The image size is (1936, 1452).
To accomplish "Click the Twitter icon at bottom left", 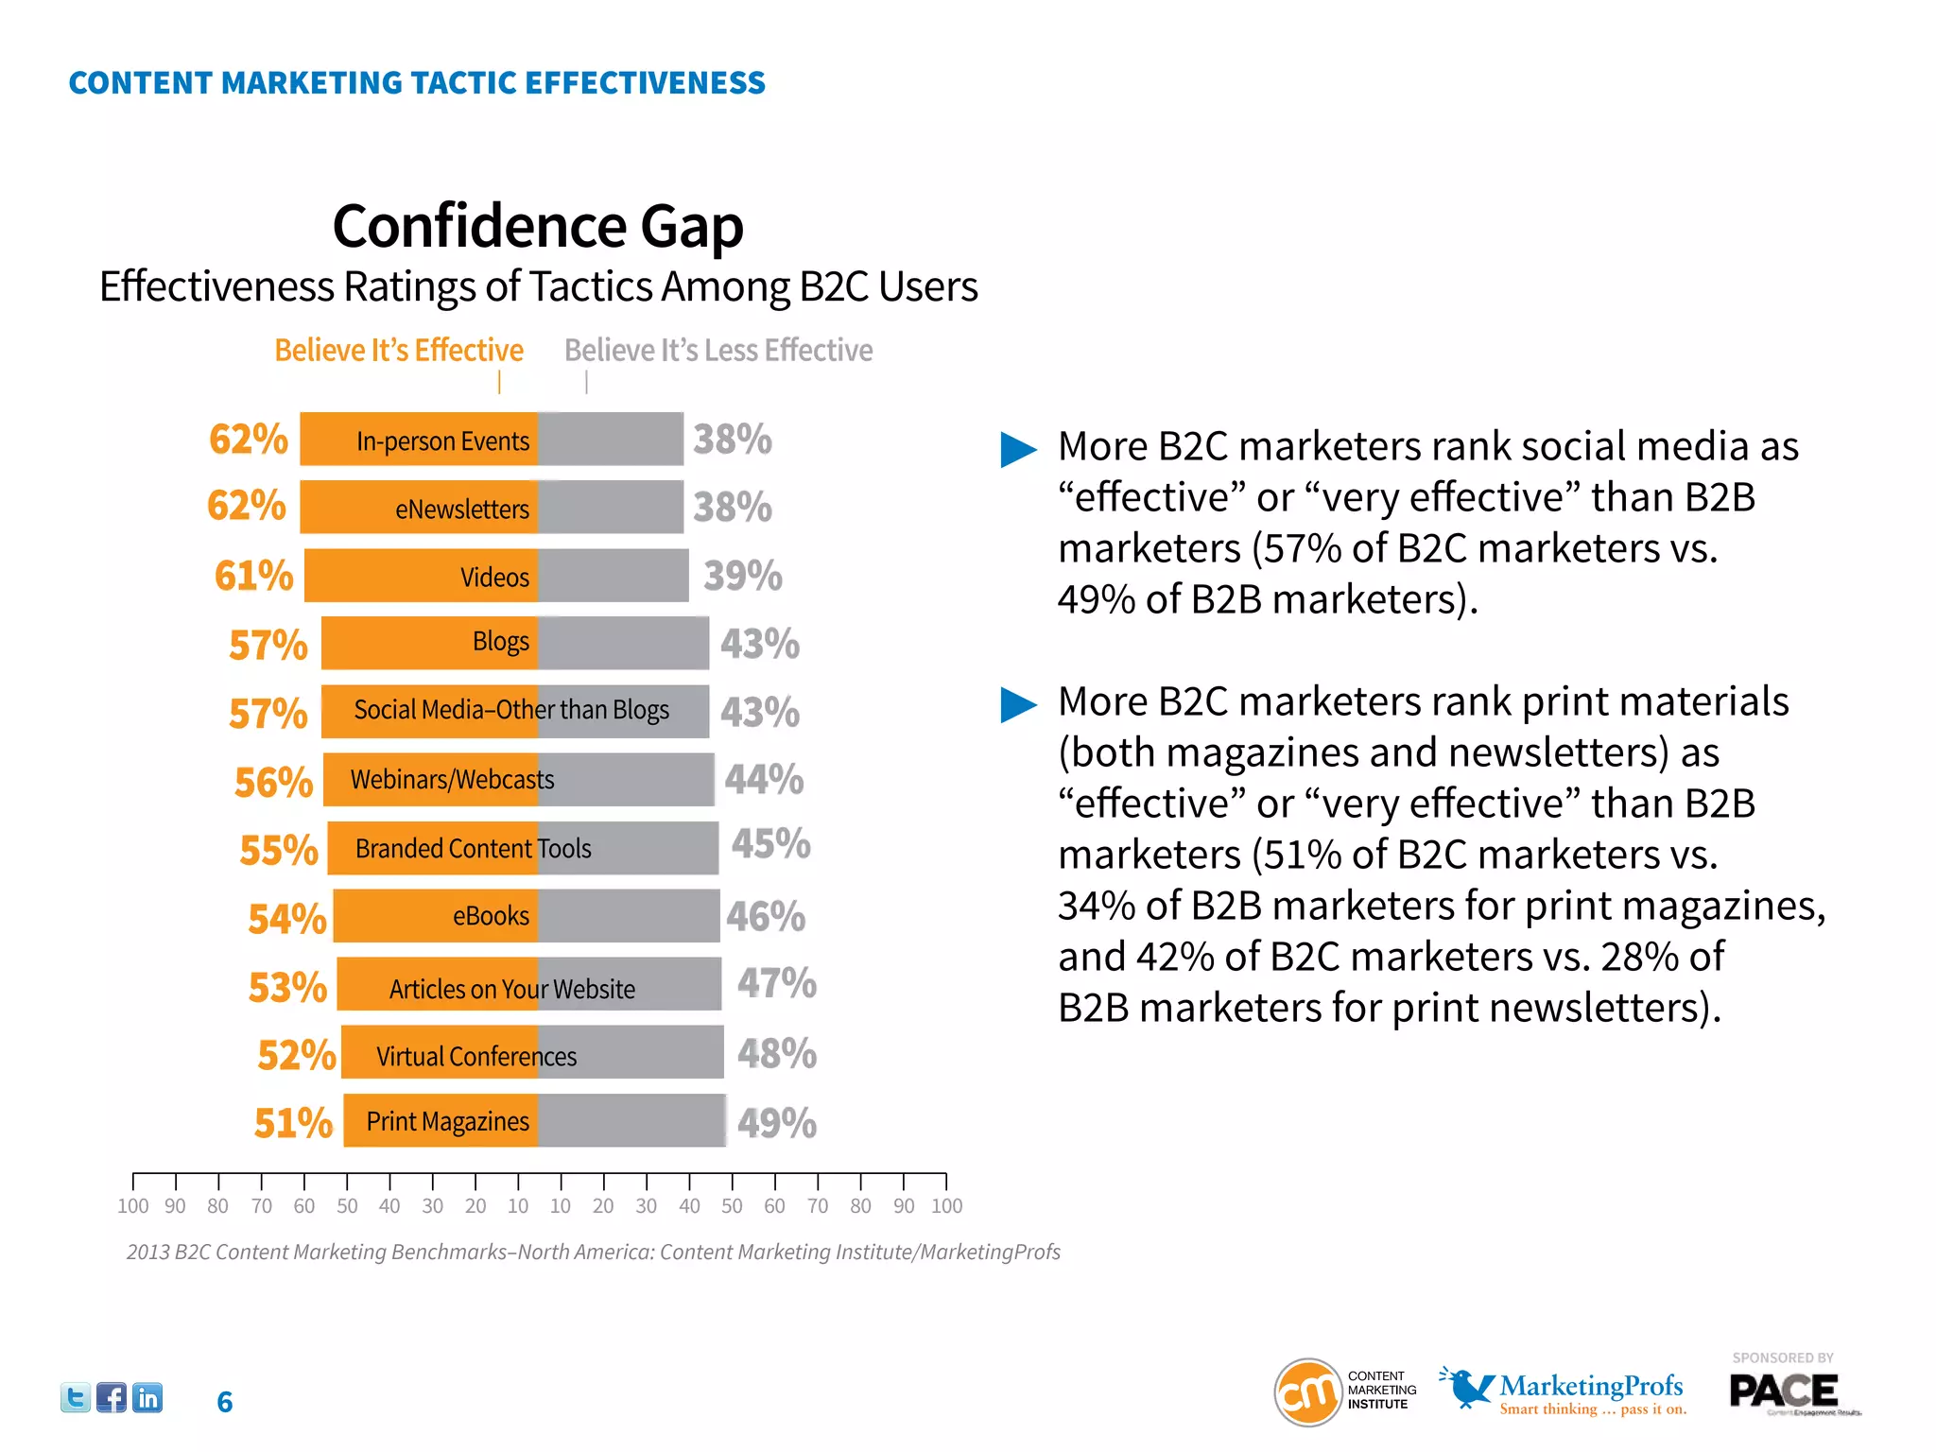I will point(76,1397).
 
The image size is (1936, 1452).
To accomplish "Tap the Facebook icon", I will point(112,1397).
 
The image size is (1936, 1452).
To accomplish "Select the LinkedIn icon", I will point(147,1397).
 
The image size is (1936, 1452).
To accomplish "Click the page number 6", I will point(224,1402).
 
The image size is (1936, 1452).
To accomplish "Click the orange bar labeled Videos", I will point(421,576).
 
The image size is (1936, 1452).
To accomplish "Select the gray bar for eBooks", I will point(629,916).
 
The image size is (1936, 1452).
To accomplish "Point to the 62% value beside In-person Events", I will point(249,440).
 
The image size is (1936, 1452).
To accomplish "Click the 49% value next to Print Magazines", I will point(777,1123).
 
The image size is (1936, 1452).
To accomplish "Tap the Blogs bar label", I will point(501,642).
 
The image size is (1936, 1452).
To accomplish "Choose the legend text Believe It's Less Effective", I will point(718,351).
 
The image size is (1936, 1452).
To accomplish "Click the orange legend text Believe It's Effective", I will point(399,351).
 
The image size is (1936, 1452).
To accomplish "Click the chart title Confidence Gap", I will point(538,227).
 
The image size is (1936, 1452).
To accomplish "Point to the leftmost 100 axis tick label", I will point(132,1206).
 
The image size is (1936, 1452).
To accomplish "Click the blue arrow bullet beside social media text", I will point(1019,449).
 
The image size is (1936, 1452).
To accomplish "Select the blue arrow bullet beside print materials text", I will point(1019,704).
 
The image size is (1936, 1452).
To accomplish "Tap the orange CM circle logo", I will point(1308,1391).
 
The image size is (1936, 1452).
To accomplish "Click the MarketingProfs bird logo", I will point(1465,1387).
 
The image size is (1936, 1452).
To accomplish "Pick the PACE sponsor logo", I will point(1784,1391).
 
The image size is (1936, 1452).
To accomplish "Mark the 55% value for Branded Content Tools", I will point(279,850).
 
